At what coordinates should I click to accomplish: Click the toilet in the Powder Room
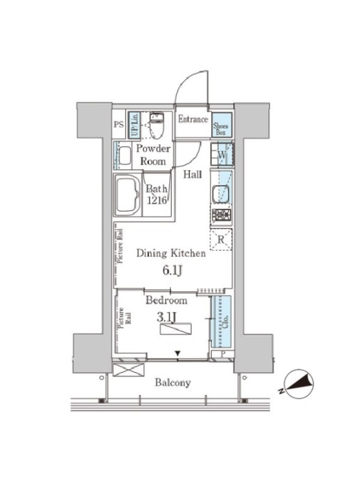coord(157,124)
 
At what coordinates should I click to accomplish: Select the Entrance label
coord(193,119)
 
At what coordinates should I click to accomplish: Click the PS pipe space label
coord(119,125)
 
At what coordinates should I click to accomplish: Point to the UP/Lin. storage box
coord(134,124)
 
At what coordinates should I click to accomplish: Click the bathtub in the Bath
coord(127,195)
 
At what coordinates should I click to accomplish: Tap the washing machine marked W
coord(222,154)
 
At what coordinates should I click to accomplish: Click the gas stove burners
coord(221,215)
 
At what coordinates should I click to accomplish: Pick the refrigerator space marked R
coord(221,239)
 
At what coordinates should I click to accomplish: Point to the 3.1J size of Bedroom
coord(167,317)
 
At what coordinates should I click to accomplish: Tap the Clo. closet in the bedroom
coord(221,322)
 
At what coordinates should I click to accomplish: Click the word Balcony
coord(173,383)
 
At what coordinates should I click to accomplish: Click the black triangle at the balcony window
coord(178,354)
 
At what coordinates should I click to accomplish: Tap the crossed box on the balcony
coord(128,370)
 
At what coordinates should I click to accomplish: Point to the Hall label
coord(193,175)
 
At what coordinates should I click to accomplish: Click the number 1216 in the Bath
coord(157,200)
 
